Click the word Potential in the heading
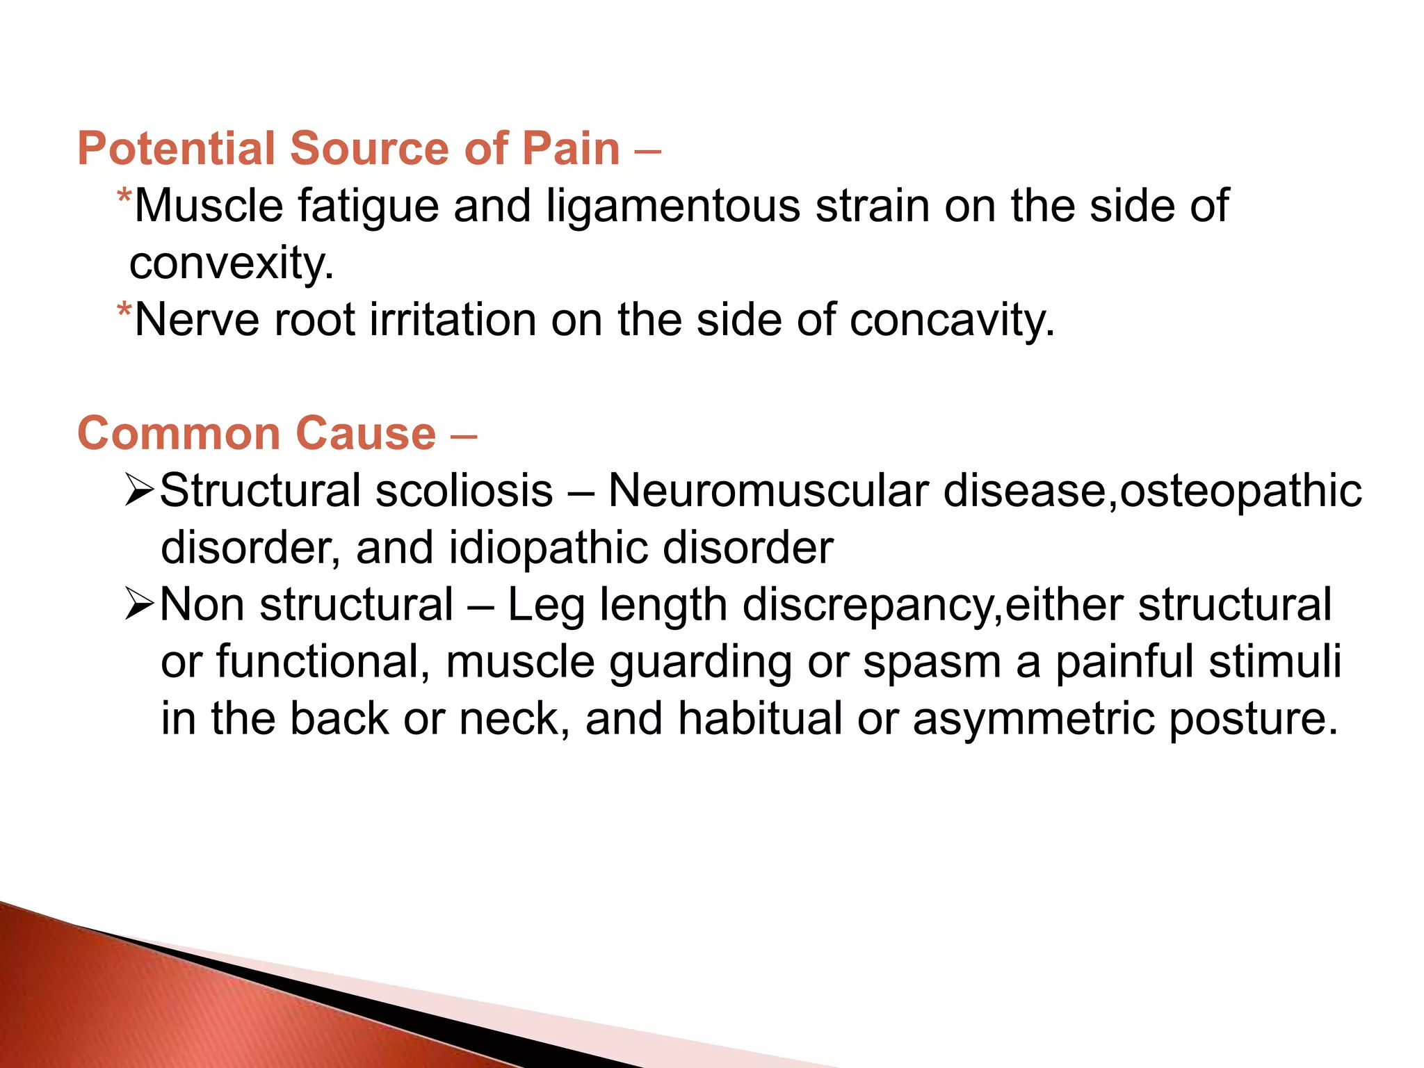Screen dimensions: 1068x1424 tap(176, 149)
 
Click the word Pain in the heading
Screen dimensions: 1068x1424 tap(570, 149)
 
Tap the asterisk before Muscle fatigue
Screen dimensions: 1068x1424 tap(124, 197)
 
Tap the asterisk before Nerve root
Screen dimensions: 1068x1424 tap(124, 310)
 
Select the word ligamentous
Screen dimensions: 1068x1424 tap(672, 207)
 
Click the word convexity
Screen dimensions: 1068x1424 tap(231, 264)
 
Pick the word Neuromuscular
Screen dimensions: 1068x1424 tap(768, 491)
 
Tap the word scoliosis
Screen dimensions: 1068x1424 tap(464, 491)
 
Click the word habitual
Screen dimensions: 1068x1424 tap(760, 719)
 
